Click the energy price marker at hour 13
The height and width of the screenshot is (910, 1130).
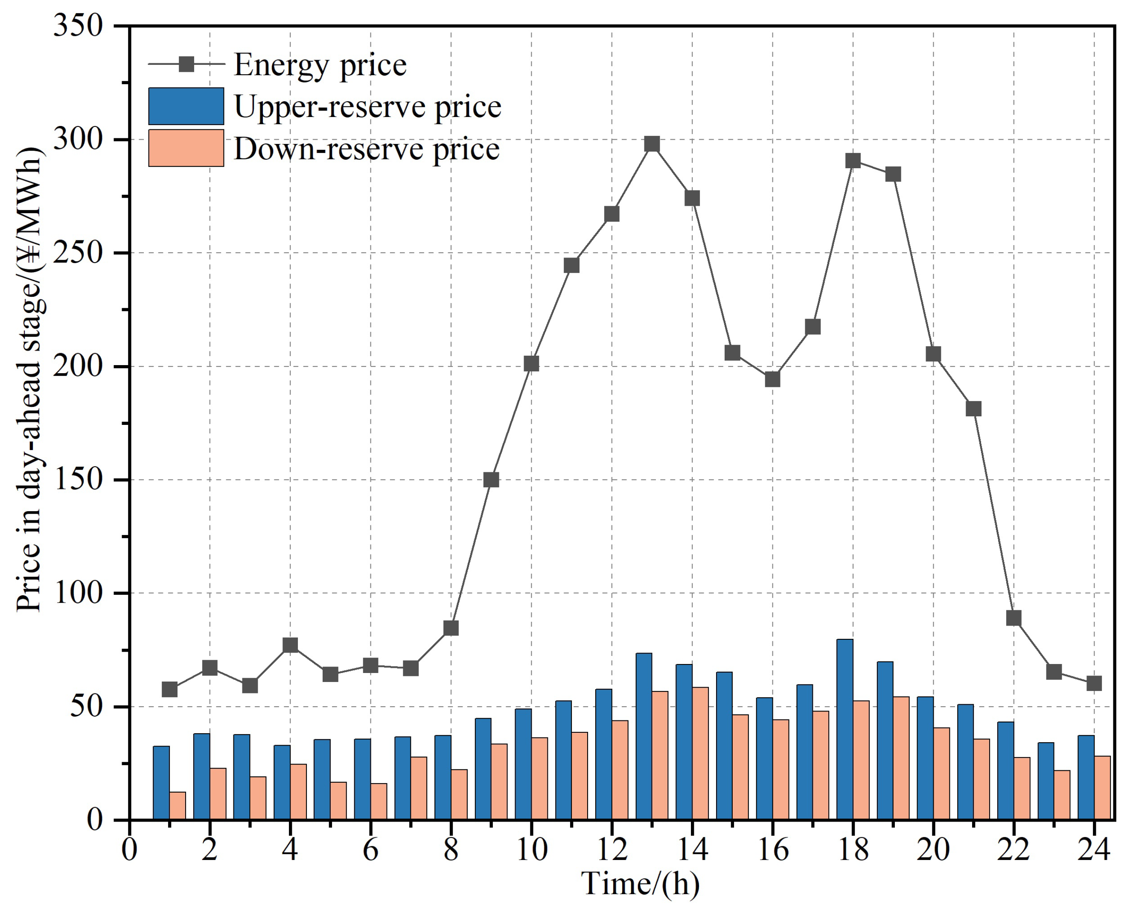tap(652, 144)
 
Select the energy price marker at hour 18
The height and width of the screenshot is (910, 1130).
tap(853, 161)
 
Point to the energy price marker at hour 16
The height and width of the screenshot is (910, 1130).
tap(772, 379)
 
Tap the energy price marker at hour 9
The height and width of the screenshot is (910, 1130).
tap(491, 480)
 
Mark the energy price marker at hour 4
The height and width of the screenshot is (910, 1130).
tap(290, 645)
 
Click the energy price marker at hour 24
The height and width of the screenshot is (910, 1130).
tap(1094, 683)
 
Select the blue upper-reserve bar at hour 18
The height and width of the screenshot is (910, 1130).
tap(845, 729)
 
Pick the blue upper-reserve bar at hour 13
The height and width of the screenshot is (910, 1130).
tap(644, 736)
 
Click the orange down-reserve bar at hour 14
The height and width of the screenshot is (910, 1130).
tap(700, 753)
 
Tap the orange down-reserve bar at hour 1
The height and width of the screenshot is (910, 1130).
tap(178, 806)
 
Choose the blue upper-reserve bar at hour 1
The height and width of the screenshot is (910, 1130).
tap(161, 783)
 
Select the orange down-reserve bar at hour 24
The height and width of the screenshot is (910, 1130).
tap(1102, 787)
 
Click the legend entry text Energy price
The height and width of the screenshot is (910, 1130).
tap(320, 65)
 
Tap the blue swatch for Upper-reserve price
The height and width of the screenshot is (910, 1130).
tap(186, 106)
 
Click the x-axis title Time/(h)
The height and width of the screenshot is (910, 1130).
tap(641, 884)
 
